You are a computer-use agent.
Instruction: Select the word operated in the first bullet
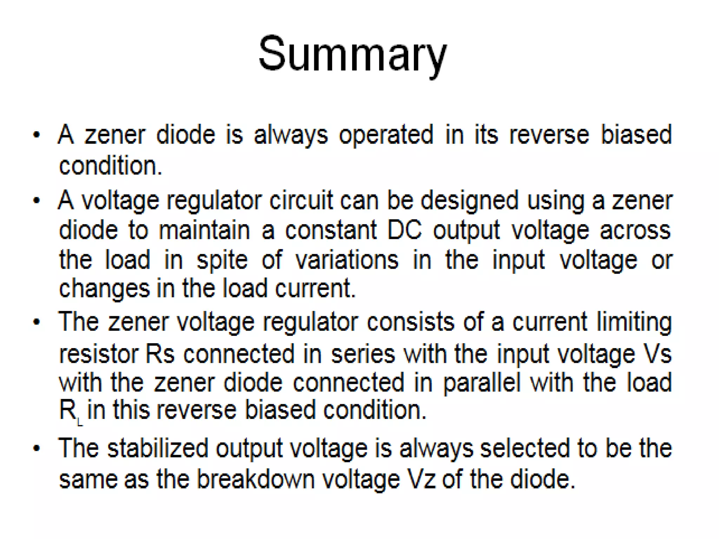point(386,135)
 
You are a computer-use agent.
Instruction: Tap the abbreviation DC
point(404,231)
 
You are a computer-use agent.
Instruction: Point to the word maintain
point(204,231)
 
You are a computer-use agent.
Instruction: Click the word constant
point(331,231)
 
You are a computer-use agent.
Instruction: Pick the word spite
point(222,260)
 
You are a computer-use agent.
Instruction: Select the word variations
point(347,260)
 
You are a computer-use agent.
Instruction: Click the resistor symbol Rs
point(160,354)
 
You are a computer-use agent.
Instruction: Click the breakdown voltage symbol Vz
point(421,479)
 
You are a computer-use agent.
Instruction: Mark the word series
point(363,354)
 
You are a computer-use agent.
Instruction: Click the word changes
point(104,289)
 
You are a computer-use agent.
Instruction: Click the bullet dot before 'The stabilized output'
point(37,448)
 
